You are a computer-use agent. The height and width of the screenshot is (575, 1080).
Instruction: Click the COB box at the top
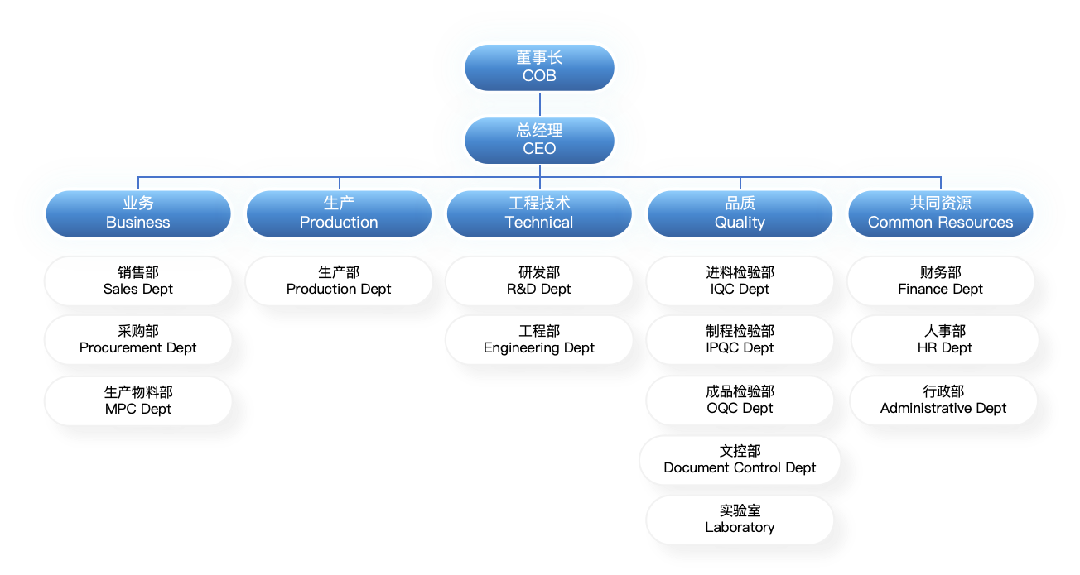539,67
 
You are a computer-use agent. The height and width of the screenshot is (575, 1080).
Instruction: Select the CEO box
539,140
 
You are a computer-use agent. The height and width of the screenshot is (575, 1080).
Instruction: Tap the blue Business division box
138,213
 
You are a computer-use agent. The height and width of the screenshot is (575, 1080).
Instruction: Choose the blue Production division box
339,213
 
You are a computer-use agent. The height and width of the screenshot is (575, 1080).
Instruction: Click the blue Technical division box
539,213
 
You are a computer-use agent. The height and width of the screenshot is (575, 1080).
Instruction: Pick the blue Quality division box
740,213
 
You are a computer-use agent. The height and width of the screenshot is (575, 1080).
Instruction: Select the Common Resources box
940,213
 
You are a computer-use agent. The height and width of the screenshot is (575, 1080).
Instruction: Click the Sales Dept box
138,280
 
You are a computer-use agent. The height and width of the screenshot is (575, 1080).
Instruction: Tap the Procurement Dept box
138,339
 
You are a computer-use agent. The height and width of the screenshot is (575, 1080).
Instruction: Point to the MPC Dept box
138,400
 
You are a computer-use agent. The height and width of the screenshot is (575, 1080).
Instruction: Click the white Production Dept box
339,280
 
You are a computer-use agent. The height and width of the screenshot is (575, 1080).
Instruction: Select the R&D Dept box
539,280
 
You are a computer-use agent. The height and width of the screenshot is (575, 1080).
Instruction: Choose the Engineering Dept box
539,339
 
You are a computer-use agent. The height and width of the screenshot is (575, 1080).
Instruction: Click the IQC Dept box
740,280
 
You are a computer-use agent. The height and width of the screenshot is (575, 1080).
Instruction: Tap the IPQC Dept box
740,339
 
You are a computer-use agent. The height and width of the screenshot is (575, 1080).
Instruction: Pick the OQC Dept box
740,400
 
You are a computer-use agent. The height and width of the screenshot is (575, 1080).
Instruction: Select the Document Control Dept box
740,459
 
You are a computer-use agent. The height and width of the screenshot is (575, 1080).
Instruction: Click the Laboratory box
740,519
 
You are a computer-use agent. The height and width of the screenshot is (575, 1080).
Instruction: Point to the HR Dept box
944,339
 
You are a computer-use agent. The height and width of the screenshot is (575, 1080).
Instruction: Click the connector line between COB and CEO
540,103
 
